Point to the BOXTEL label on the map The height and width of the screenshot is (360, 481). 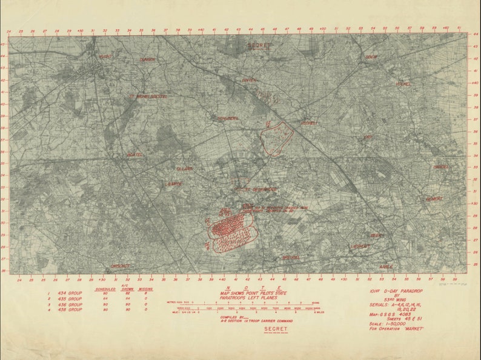point(134,155)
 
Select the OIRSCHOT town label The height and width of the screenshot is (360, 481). point(120,265)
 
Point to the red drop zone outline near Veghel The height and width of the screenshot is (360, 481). point(277,138)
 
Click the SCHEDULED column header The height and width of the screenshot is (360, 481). point(105,288)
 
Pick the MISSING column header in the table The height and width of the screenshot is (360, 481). point(145,288)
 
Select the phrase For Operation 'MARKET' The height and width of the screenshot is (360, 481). point(396,329)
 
